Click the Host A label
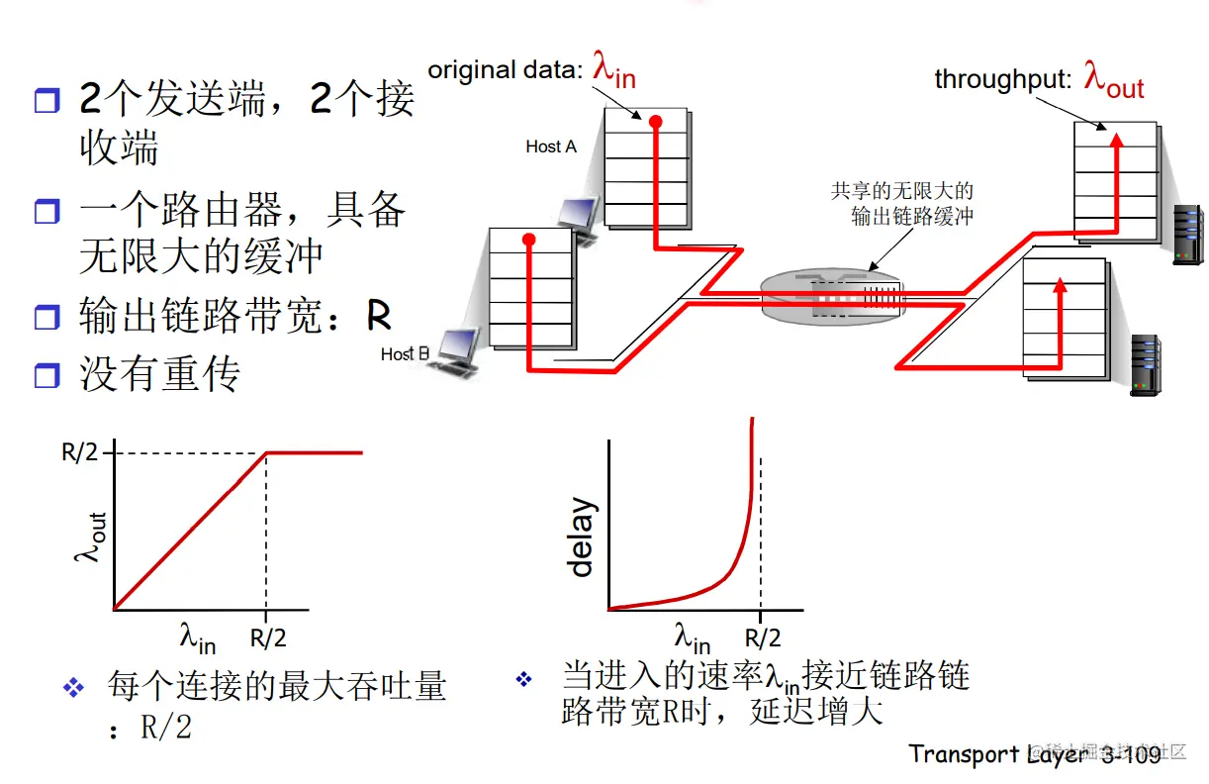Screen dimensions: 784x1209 550,147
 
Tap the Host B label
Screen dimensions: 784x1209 405,353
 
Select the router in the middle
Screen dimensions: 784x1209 835,294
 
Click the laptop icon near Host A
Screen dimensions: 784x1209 577,218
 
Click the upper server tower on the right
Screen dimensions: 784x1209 1186,235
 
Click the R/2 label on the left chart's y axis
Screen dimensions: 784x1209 81,453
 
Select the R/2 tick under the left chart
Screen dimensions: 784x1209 267,638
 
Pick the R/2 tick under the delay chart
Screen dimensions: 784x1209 762,638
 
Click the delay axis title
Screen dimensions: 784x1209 581,538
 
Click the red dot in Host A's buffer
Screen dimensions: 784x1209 654,121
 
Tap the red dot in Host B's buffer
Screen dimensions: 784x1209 529,241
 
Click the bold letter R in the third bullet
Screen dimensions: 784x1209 379,316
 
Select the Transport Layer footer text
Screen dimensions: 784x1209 1034,754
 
